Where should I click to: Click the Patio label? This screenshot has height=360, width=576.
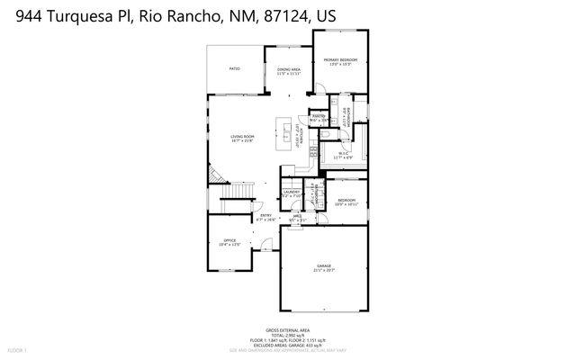tap(234, 68)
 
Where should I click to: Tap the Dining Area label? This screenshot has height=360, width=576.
tap(288, 70)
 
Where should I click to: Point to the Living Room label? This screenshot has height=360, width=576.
tap(242, 138)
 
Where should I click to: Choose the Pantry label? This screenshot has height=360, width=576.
tap(319, 117)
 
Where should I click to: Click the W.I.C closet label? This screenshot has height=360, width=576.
tap(343, 155)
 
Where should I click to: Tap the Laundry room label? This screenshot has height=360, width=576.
tap(291, 193)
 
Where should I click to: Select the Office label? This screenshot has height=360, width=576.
tap(229, 241)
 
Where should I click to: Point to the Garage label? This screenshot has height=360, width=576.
tap(324, 267)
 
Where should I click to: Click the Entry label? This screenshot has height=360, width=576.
tap(266, 216)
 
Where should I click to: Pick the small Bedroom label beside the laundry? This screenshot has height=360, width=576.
tap(347, 202)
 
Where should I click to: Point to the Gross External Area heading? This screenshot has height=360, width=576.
tap(288, 329)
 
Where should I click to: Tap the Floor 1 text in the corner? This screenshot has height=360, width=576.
tap(17, 349)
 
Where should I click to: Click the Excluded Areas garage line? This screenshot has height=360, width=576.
tap(288, 345)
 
